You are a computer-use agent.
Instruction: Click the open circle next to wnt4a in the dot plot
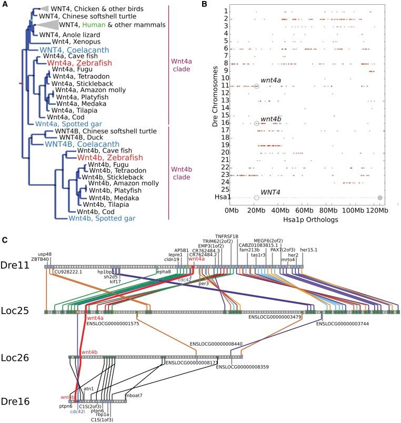(256, 86)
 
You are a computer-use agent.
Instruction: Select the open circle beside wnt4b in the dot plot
(256, 123)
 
